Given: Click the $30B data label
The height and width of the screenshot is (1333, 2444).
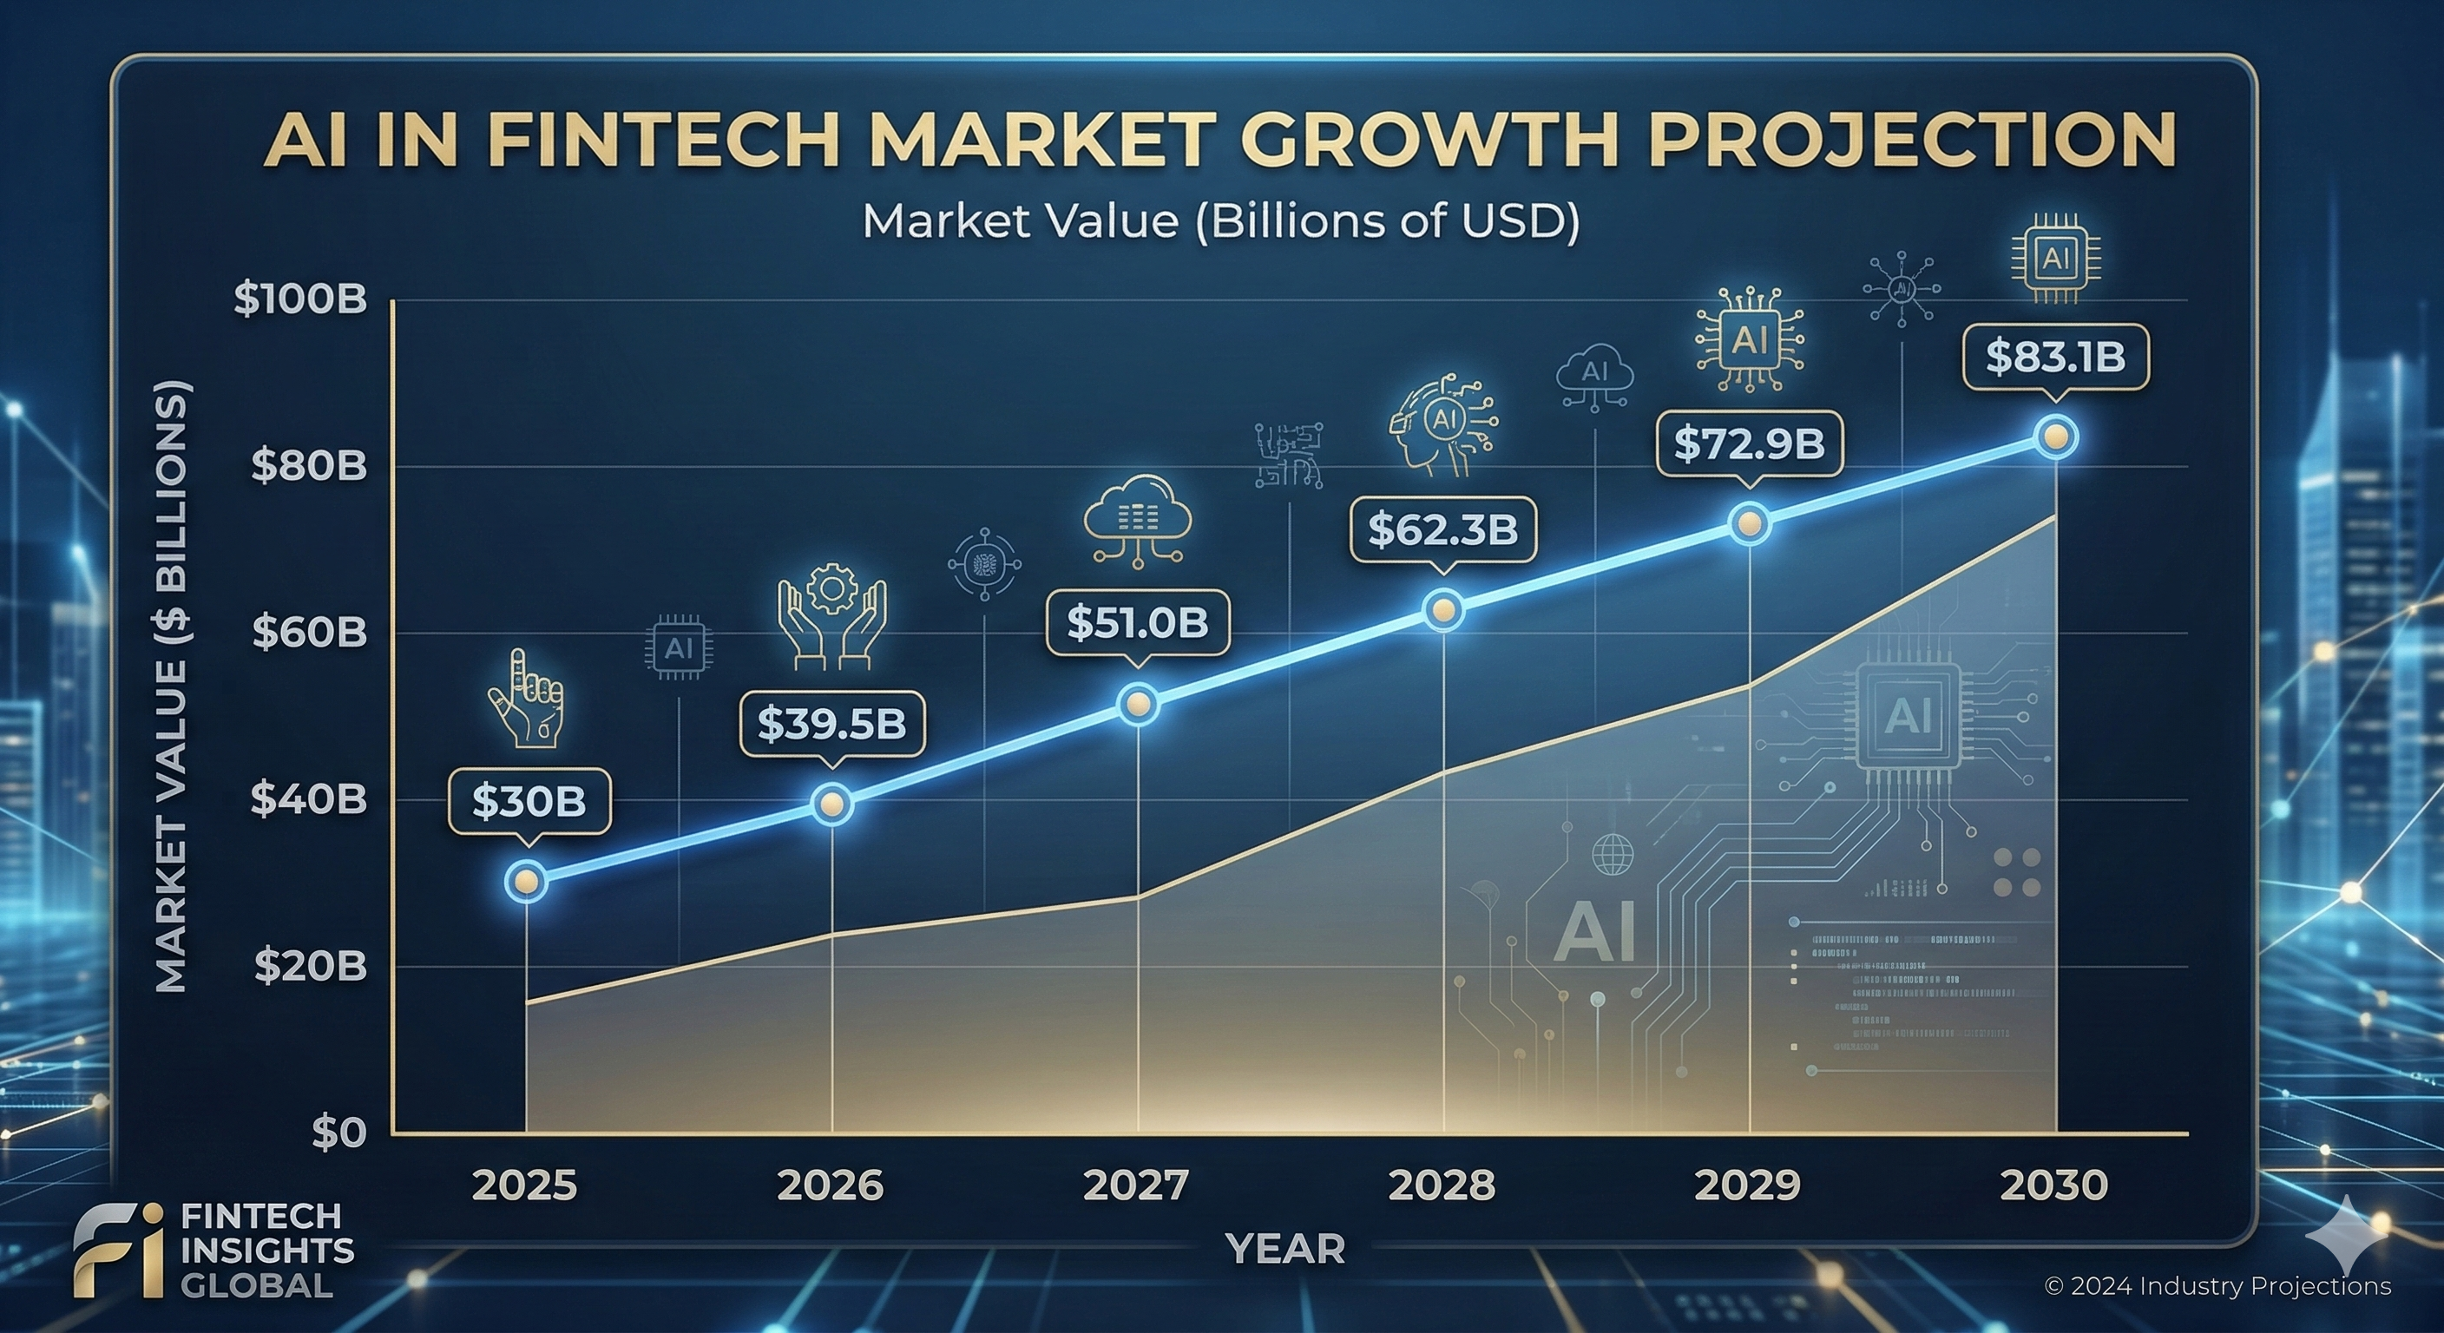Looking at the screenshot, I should tap(529, 802).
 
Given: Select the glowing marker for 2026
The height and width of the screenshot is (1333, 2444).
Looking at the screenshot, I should tap(832, 804).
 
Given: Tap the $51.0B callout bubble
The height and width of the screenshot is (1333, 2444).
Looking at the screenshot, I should tap(1138, 622).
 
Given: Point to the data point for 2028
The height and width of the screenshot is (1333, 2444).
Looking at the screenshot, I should tap(1443, 610).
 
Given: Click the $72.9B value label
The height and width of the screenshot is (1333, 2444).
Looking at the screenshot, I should tap(1749, 443).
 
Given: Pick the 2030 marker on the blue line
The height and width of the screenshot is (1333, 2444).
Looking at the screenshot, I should tap(2056, 437).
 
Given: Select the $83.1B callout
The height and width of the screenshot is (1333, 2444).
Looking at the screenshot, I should tap(2055, 357).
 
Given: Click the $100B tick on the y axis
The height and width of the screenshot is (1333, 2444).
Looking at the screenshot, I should tap(299, 299).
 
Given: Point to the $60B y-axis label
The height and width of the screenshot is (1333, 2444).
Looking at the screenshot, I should tap(309, 633).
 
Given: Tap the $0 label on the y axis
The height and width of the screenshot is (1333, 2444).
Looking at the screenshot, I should tap(338, 1133).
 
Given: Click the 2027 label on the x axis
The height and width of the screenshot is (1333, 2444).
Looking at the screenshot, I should tap(1136, 1186).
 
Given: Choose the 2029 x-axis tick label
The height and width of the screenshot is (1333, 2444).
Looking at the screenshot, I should tap(1747, 1186).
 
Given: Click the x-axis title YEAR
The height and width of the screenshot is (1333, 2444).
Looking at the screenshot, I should tap(1284, 1250).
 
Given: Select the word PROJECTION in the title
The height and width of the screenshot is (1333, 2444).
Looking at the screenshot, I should tap(1911, 141).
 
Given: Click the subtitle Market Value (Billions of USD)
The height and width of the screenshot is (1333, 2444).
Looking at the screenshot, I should tap(1221, 221).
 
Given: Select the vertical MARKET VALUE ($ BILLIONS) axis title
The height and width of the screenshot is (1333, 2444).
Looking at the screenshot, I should tap(172, 687).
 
